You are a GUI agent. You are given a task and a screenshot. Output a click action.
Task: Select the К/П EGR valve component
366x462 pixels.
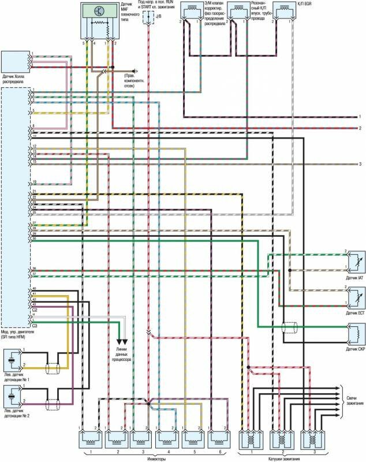(283, 12)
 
